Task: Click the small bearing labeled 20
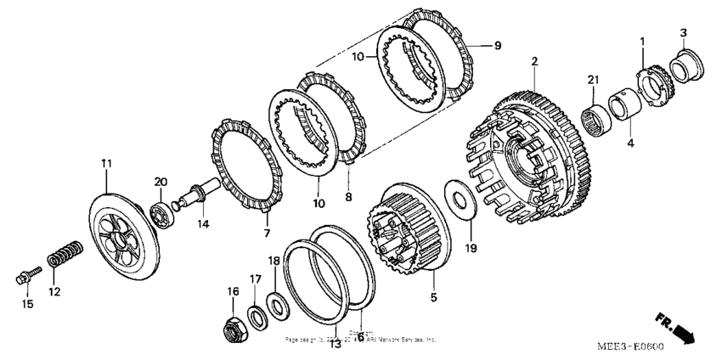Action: [161, 212]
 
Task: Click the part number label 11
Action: [106, 162]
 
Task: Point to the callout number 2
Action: [534, 61]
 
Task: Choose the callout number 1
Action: [642, 41]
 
